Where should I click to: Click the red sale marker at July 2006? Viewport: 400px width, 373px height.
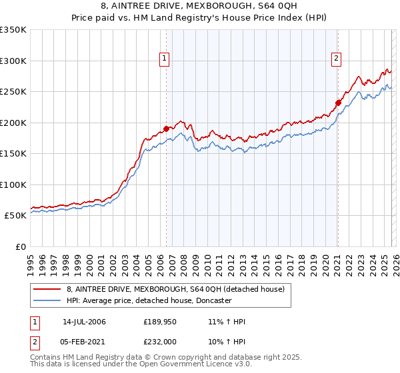[166, 129]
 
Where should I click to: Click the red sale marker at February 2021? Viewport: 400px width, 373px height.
[338, 103]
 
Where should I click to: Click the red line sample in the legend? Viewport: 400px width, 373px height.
[47, 289]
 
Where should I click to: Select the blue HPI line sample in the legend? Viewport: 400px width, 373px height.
[47, 300]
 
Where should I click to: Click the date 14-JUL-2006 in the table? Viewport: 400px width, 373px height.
[84, 322]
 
